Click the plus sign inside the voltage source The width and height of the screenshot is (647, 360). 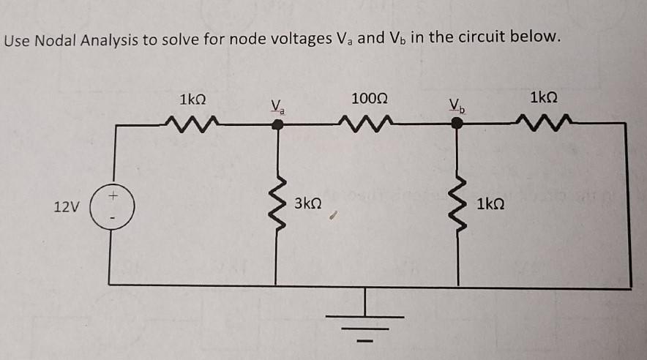click(x=113, y=196)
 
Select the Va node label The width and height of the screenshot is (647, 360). click(x=277, y=106)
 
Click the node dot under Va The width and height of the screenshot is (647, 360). click(x=277, y=124)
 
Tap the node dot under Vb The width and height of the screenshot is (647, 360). click(x=457, y=124)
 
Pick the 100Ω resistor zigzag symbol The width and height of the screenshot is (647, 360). click(x=370, y=119)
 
